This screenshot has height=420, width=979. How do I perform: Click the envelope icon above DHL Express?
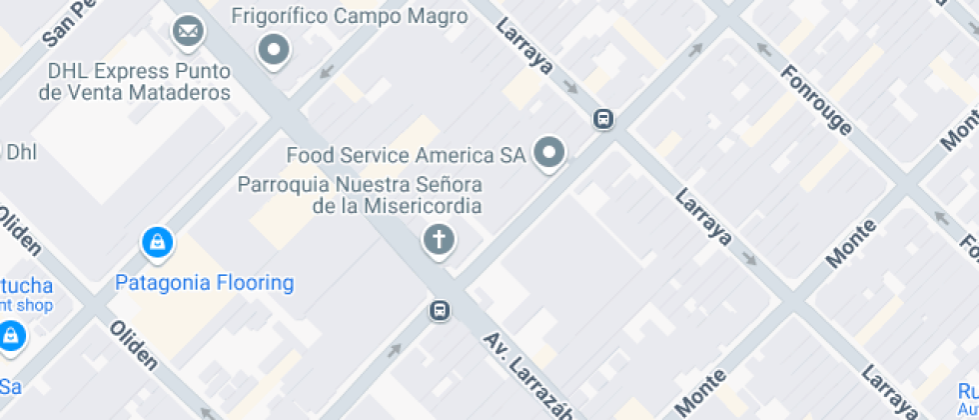click(187, 31)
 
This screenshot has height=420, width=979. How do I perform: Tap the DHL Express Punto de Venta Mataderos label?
click(135, 82)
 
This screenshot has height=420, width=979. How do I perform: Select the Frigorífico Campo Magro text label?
click(349, 16)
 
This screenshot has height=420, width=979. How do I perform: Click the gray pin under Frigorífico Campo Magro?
click(273, 49)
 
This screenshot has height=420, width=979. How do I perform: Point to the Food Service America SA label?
click(406, 155)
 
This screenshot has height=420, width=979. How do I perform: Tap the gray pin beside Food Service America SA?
click(548, 154)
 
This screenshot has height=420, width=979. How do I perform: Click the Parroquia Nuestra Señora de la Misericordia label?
click(359, 195)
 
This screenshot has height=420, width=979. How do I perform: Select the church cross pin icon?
click(438, 240)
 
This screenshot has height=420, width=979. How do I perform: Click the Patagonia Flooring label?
click(205, 283)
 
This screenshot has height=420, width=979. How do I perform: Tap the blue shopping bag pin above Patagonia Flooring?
click(157, 242)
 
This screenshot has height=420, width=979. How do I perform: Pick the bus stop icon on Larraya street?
click(603, 120)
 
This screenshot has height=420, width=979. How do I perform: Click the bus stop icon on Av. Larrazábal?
click(439, 310)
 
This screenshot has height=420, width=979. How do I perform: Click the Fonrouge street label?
click(818, 99)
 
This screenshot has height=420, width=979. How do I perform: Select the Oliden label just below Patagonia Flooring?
click(133, 345)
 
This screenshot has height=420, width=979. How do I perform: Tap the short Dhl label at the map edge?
click(20, 152)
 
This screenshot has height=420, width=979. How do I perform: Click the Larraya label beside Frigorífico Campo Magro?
click(524, 49)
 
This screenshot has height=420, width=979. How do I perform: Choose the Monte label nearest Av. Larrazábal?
click(702, 389)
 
